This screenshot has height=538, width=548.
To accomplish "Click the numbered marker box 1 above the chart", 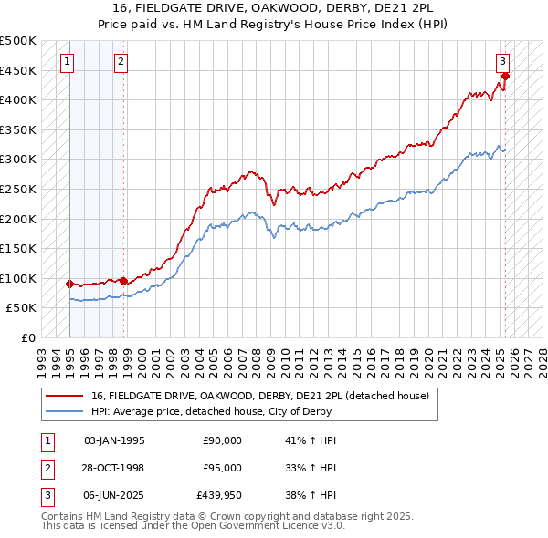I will pyautogui.click(x=68, y=62).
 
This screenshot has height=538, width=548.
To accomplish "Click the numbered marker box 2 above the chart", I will pyautogui.click(x=121, y=62).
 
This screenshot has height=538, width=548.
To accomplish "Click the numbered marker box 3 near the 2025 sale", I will pyautogui.click(x=502, y=62).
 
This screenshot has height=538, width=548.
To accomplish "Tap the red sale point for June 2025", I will pyautogui.click(x=505, y=77).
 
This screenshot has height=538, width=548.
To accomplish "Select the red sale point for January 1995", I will pyautogui.click(x=69, y=284).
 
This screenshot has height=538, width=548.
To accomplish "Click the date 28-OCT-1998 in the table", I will pyautogui.click(x=114, y=468).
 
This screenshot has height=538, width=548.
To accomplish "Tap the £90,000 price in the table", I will pyautogui.click(x=223, y=440).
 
